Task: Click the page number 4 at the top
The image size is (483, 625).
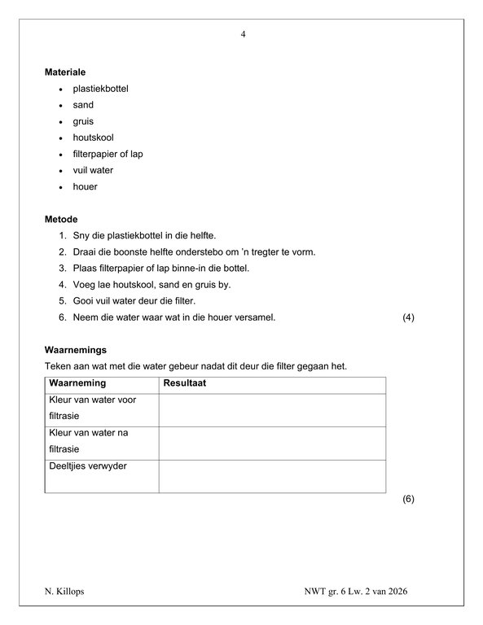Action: pyautogui.click(x=244, y=34)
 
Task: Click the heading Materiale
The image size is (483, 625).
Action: pyautogui.click(x=66, y=72)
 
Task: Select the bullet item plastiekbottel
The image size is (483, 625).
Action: pyautogui.click(x=100, y=89)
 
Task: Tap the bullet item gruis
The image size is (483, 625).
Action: pyautogui.click(x=83, y=121)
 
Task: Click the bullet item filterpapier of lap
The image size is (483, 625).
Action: pyautogui.click(x=108, y=154)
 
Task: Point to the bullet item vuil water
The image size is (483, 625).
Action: pyautogui.click(x=93, y=170)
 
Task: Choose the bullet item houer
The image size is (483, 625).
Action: pyautogui.click(x=85, y=186)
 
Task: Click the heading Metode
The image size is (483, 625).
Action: pyautogui.click(x=62, y=219)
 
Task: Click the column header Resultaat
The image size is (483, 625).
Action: pyautogui.click(x=184, y=382)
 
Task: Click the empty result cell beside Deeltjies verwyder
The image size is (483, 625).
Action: pyautogui.click(x=272, y=476)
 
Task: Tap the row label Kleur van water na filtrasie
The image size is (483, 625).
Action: pyautogui.click(x=89, y=439)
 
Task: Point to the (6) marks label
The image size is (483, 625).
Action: pyautogui.click(x=409, y=499)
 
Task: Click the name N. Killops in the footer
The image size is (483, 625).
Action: pyautogui.click(x=64, y=592)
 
